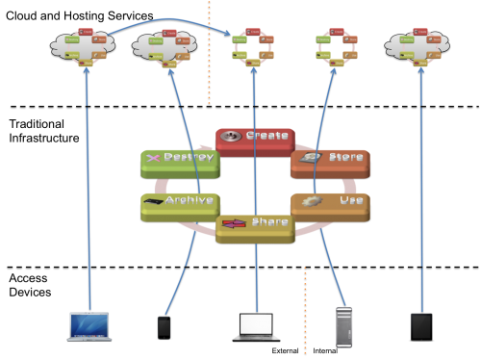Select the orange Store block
330,161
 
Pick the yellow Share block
255,226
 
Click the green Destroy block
180,161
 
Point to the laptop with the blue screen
89,325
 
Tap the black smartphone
164,327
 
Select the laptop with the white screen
256,325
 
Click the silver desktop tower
343,327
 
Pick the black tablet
421,326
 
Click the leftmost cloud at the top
83,46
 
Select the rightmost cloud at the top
418,46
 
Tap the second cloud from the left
165,46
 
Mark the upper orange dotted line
209,53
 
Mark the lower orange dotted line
305,308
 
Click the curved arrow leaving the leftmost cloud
164,19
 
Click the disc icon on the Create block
230,136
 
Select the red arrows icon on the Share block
234,223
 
